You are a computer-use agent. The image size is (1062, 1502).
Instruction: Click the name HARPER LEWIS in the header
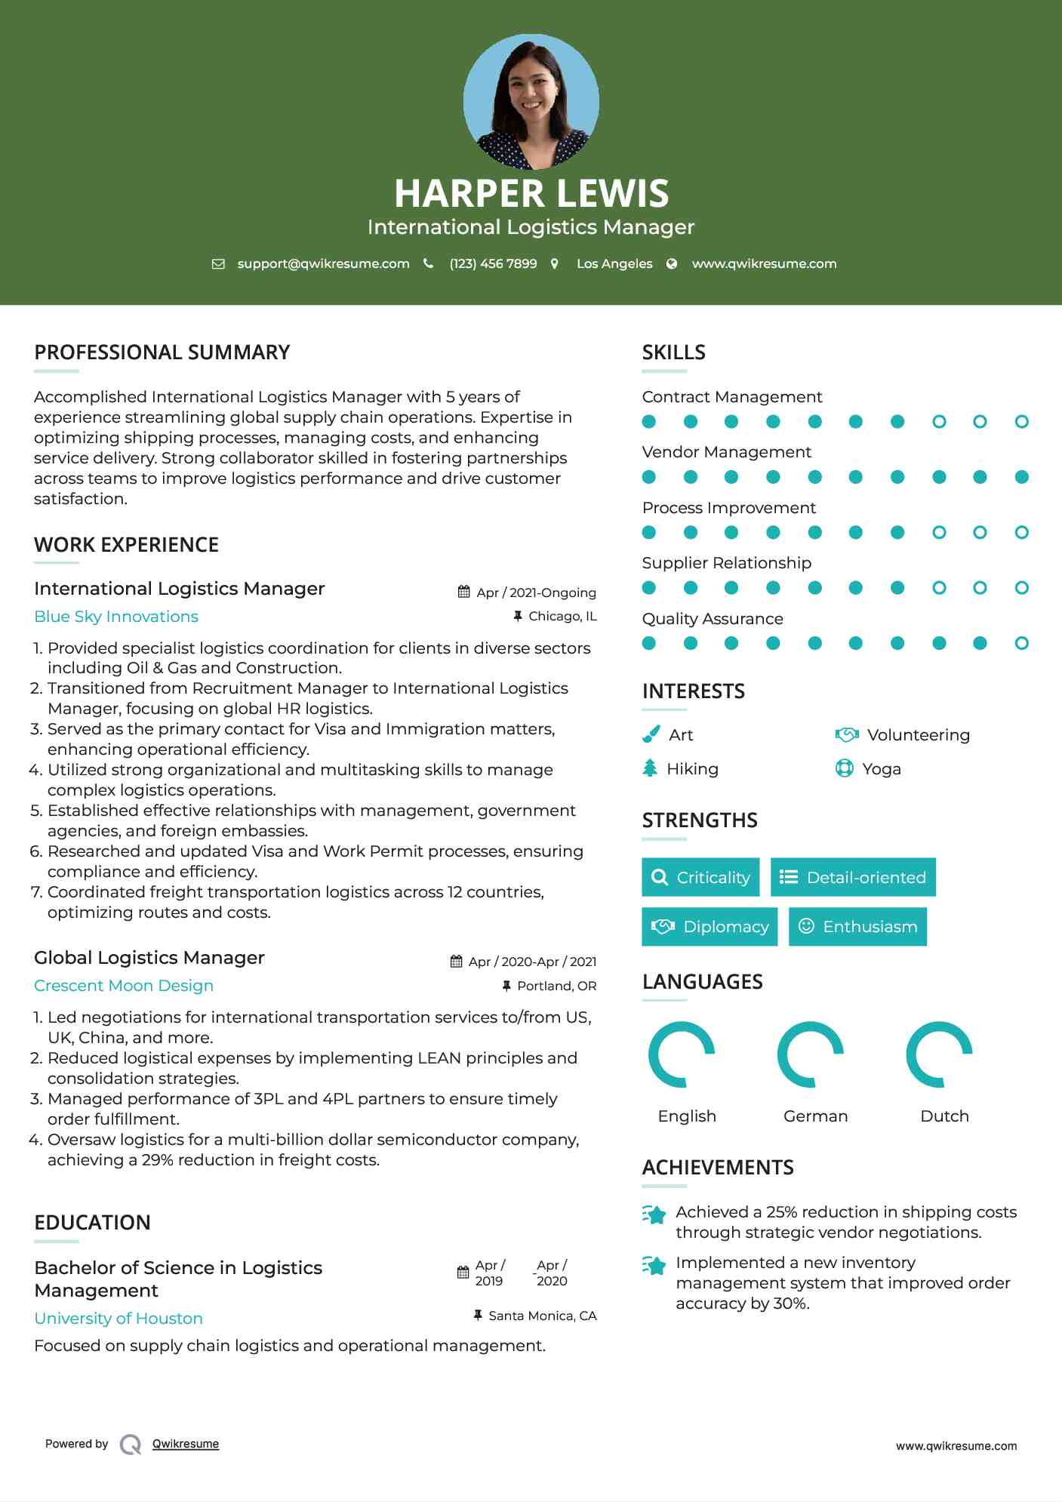coord(531,193)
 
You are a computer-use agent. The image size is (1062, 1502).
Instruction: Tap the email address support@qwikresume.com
coord(323,263)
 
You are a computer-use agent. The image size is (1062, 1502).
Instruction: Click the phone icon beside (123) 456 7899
coord(429,263)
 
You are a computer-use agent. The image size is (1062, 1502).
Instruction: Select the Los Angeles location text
coord(614,263)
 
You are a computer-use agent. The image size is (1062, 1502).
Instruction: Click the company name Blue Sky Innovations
coord(116,617)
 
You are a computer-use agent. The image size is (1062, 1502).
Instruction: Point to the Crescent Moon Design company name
coord(124,986)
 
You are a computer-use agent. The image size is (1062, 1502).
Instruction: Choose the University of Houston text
coord(119,1319)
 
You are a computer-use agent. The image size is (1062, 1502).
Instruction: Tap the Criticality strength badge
coord(700,877)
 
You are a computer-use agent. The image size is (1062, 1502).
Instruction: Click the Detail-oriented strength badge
coord(853,877)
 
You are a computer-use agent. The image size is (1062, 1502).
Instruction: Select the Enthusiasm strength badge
coord(857,927)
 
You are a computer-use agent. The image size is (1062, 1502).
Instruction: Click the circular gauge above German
coord(811,1054)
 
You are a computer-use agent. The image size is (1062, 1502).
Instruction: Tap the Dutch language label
coord(944,1116)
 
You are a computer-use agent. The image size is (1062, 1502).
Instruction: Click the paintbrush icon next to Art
coord(651,734)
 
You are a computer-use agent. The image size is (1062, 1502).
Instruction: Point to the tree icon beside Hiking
coord(650,768)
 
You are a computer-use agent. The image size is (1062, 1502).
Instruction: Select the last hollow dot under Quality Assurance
coord(1021,643)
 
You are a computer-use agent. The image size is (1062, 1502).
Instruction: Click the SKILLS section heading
coord(673,352)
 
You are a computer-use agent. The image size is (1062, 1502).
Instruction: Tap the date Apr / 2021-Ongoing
coord(536,592)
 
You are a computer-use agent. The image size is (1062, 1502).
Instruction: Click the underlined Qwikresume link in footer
coord(186,1444)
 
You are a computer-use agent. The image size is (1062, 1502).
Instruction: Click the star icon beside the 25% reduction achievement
coord(654,1214)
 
